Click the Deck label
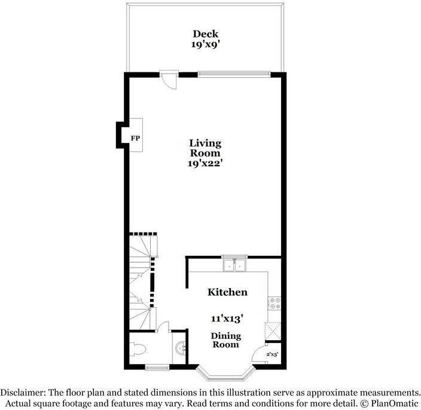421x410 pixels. point(205,34)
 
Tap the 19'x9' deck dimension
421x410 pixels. point(205,44)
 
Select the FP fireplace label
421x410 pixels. point(135,139)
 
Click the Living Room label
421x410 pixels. point(205,148)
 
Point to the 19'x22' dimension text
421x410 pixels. point(205,163)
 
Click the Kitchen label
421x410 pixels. point(227,292)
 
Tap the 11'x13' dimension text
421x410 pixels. point(227,319)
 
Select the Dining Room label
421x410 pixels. point(226,340)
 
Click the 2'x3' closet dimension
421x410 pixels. point(272,354)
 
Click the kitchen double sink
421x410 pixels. point(234,265)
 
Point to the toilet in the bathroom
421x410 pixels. point(137,349)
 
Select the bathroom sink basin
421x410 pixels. point(181,348)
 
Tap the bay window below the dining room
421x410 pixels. point(226,373)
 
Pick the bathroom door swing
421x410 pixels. point(163,327)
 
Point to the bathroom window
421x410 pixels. point(157,367)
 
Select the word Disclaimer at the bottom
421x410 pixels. point(23,393)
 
